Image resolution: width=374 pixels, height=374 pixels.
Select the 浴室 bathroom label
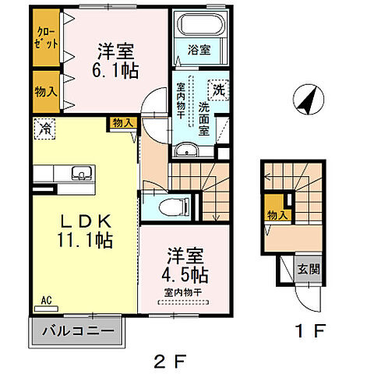click(199, 51)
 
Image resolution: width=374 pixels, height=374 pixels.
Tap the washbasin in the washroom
click(186, 150)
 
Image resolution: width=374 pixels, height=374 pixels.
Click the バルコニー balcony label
click(77, 331)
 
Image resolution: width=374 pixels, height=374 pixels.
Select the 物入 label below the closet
click(46, 91)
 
